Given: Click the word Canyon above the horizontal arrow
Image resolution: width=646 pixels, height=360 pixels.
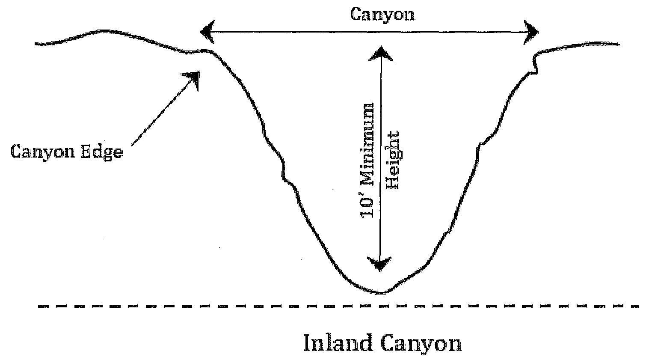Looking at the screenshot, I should [382, 15].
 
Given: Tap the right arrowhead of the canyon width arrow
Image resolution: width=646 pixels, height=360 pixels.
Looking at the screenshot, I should [532, 33].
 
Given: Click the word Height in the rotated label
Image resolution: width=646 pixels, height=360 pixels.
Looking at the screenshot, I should [392, 159].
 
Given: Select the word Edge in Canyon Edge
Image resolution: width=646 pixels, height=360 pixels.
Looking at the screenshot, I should [102, 152].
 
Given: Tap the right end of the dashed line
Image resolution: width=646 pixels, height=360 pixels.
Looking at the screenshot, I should [637, 306].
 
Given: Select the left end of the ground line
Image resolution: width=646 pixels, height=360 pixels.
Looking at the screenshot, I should [36, 43].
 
